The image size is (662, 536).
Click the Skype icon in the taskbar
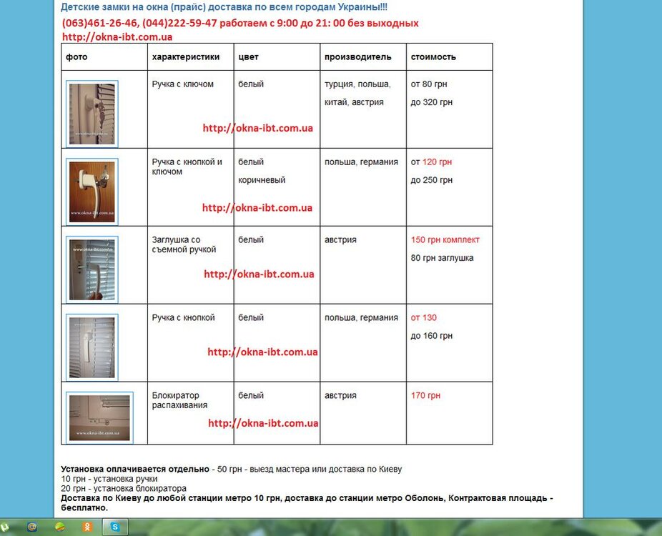pos(115,527)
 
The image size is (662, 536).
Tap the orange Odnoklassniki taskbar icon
pos(87,527)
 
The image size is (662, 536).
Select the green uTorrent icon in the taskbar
pos(5,527)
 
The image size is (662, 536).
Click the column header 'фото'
pos(76,56)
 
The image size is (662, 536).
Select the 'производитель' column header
pos(358,56)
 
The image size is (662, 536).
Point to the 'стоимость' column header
pos(433,56)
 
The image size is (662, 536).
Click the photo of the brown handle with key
pos(92,191)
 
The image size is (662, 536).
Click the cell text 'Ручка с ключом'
pos(183,84)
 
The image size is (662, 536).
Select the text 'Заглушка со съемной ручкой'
pos(184,244)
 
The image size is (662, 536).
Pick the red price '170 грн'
pos(425,395)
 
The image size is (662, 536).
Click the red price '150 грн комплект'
pos(445,239)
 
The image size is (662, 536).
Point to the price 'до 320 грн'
pos(432,102)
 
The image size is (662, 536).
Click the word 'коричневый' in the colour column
pos(262,180)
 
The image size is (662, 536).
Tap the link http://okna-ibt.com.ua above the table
pos(117,37)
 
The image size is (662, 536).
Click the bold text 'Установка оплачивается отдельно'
pos(135,470)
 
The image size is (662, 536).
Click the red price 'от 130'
pos(424,317)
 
